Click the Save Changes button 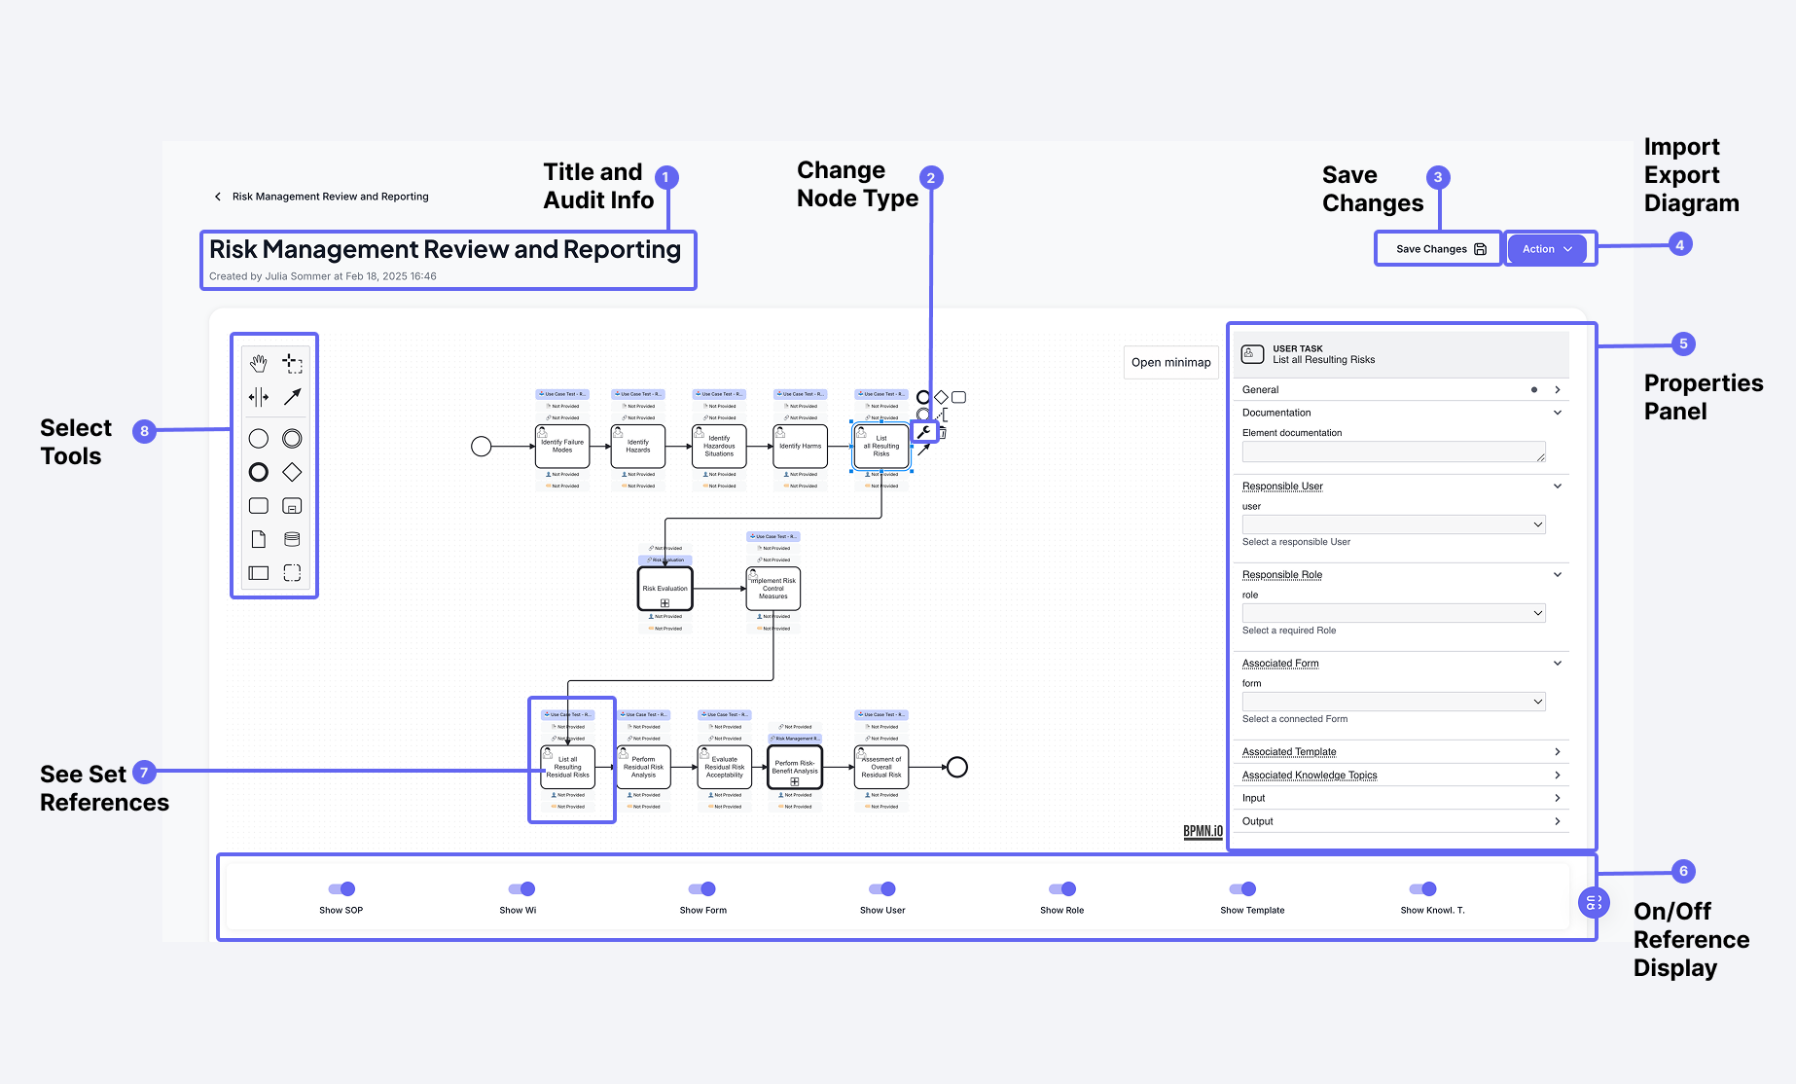click(1439, 249)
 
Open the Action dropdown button click(1547, 249)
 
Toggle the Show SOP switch click(341, 888)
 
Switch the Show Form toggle click(702, 888)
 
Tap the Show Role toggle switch click(1062, 888)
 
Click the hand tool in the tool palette click(258, 364)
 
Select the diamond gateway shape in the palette click(292, 472)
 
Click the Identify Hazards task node click(638, 446)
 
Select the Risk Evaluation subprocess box click(665, 589)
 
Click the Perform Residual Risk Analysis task click(643, 767)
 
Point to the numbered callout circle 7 click(144, 773)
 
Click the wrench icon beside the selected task click(924, 432)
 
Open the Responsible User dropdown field click(1393, 524)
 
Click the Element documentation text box click(1393, 452)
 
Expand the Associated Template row click(1401, 751)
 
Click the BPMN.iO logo click(1203, 831)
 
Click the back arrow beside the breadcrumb click(217, 197)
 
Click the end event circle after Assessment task click(957, 767)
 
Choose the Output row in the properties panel click(1401, 821)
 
